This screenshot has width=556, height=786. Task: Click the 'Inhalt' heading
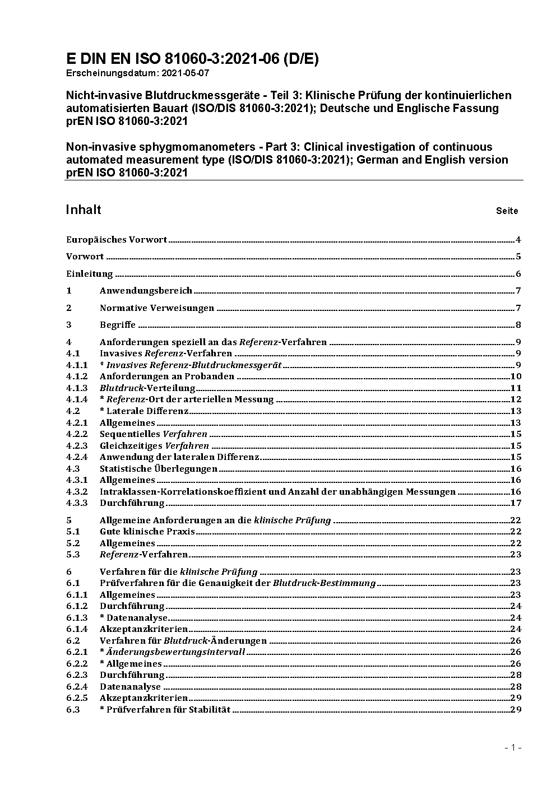click(84, 210)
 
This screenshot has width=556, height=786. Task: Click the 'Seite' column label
click(507, 211)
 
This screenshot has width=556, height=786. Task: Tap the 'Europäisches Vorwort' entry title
click(117, 240)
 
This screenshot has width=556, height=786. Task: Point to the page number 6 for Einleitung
click(518, 274)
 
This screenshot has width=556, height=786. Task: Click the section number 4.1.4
click(77, 399)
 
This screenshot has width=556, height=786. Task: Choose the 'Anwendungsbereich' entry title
click(146, 291)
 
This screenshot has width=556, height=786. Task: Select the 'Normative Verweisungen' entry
click(157, 308)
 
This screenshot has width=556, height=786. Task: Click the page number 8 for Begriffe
click(518, 325)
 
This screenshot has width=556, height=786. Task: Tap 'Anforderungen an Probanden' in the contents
click(167, 376)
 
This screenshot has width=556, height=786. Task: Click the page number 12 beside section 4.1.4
click(516, 399)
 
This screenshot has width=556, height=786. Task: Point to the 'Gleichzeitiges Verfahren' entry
click(154, 446)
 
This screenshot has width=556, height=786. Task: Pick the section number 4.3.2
click(77, 492)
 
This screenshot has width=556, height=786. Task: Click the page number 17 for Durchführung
click(516, 503)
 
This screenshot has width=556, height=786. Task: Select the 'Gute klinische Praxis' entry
click(147, 532)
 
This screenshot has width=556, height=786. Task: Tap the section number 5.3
click(73, 555)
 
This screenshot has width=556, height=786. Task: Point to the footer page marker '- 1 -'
click(513, 747)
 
